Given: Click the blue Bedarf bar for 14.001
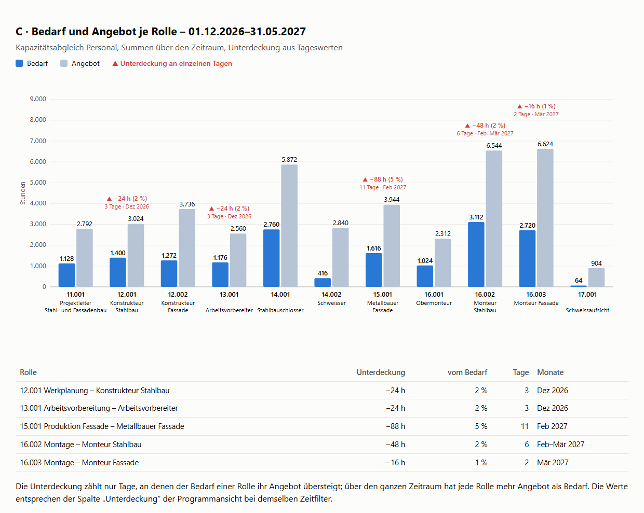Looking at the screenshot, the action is click(x=271, y=258).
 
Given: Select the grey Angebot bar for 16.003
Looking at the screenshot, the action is click(x=545, y=218).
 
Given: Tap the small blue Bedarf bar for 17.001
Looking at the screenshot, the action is click(x=578, y=286).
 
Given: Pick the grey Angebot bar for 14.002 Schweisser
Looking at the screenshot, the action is click(x=340, y=257).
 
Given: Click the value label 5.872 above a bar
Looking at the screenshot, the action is click(x=289, y=160).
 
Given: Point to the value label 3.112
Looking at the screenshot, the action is click(x=476, y=217).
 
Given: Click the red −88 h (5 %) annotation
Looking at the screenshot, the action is click(x=386, y=179).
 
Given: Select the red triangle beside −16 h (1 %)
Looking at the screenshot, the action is click(x=519, y=106).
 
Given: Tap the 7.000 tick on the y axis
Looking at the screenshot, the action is click(x=38, y=141).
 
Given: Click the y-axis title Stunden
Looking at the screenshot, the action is click(x=23, y=193).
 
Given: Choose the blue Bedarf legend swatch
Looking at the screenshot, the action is click(x=19, y=63).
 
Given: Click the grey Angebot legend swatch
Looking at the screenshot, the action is click(x=64, y=63).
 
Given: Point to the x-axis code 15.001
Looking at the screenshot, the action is click(x=382, y=295).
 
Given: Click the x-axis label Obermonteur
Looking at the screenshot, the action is click(x=434, y=303).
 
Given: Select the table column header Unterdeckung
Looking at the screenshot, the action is click(x=381, y=372).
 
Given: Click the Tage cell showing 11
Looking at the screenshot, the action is click(x=525, y=426).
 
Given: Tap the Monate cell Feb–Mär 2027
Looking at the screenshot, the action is click(x=560, y=445).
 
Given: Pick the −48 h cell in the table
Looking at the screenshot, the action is click(x=395, y=445).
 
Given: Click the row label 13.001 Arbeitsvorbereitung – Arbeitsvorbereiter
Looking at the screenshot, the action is click(x=99, y=408).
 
